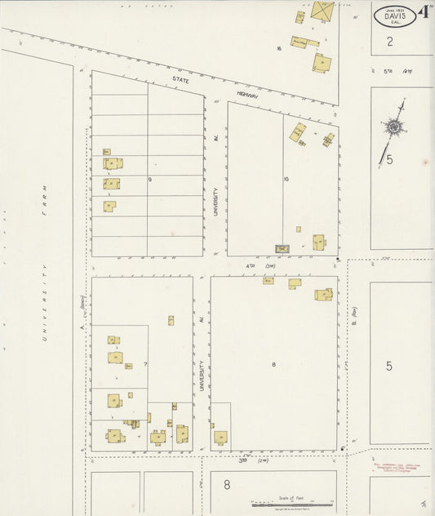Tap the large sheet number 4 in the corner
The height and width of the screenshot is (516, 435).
[424, 13]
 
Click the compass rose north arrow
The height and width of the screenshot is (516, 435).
[395, 127]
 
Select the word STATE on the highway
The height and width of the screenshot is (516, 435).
[180, 80]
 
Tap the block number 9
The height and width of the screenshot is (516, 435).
[150, 179]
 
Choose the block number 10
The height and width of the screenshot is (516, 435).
[286, 179]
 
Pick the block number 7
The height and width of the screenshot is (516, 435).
[145, 363]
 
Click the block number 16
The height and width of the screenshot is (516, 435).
[279, 49]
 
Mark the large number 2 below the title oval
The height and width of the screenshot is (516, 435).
[390, 41]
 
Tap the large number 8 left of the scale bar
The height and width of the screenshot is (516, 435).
[227, 485]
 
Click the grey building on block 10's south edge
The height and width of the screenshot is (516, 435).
[283, 248]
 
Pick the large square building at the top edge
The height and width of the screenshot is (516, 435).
[322, 11]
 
